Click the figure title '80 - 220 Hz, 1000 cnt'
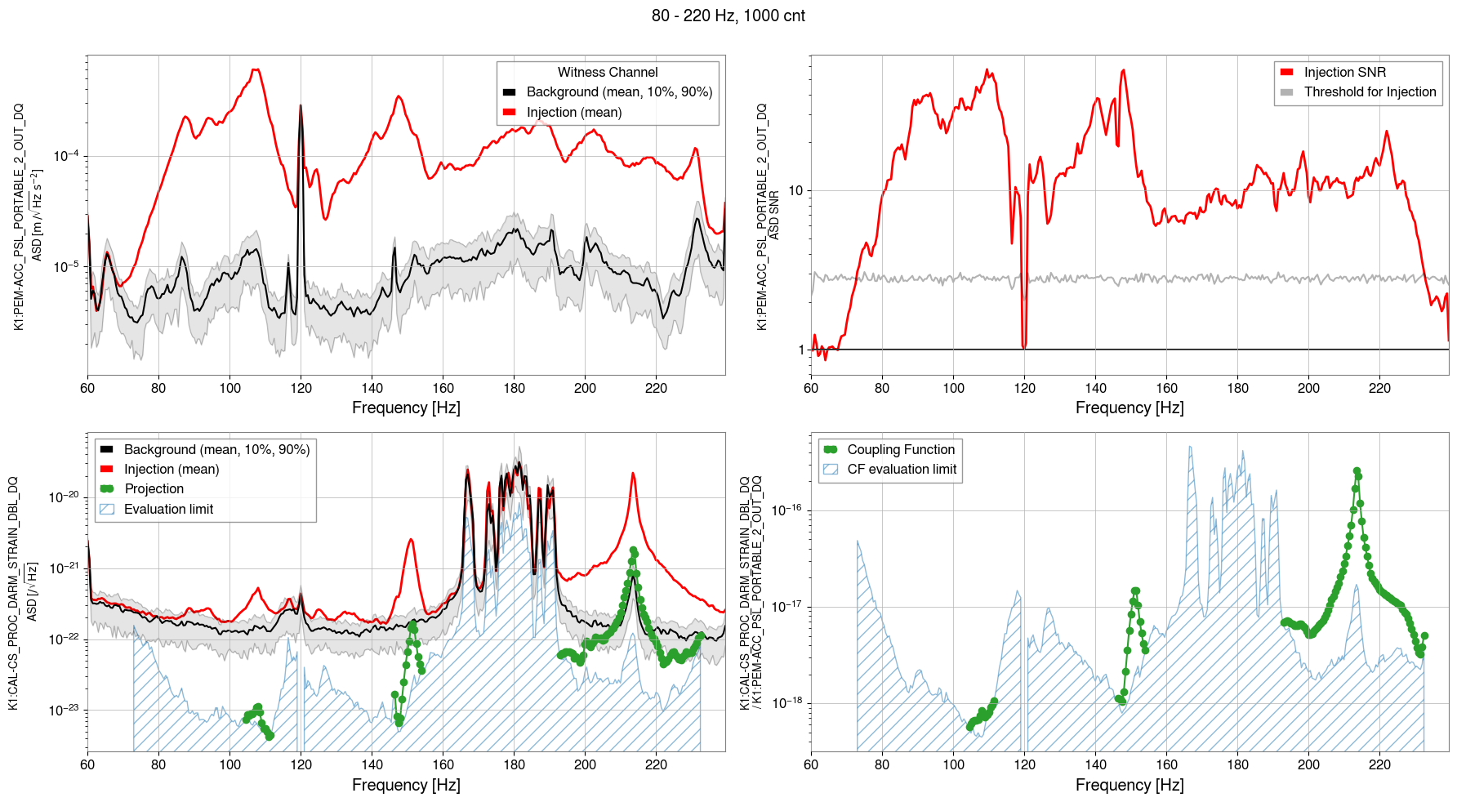coord(728,16)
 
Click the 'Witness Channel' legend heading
coord(608,73)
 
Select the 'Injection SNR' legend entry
coord(1344,73)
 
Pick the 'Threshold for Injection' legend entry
coord(1370,92)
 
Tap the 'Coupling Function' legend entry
coord(900,450)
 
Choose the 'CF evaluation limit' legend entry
coord(901,470)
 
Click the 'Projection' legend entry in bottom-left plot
coord(154,489)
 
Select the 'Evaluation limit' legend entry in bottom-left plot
coord(168,510)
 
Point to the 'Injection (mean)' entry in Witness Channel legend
coord(573,113)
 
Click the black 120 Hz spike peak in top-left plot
coord(301,106)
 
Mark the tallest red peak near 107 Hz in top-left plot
coord(255,70)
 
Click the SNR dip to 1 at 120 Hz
coord(1024,347)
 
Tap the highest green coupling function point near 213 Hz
coord(1357,471)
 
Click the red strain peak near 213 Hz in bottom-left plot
coord(633,475)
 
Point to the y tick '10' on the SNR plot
coord(795,191)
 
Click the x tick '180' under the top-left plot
coord(514,389)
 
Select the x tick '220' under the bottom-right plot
coord(1379,765)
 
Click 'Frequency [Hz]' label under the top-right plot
coord(1130,408)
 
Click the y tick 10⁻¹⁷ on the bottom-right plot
coord(787,607)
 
